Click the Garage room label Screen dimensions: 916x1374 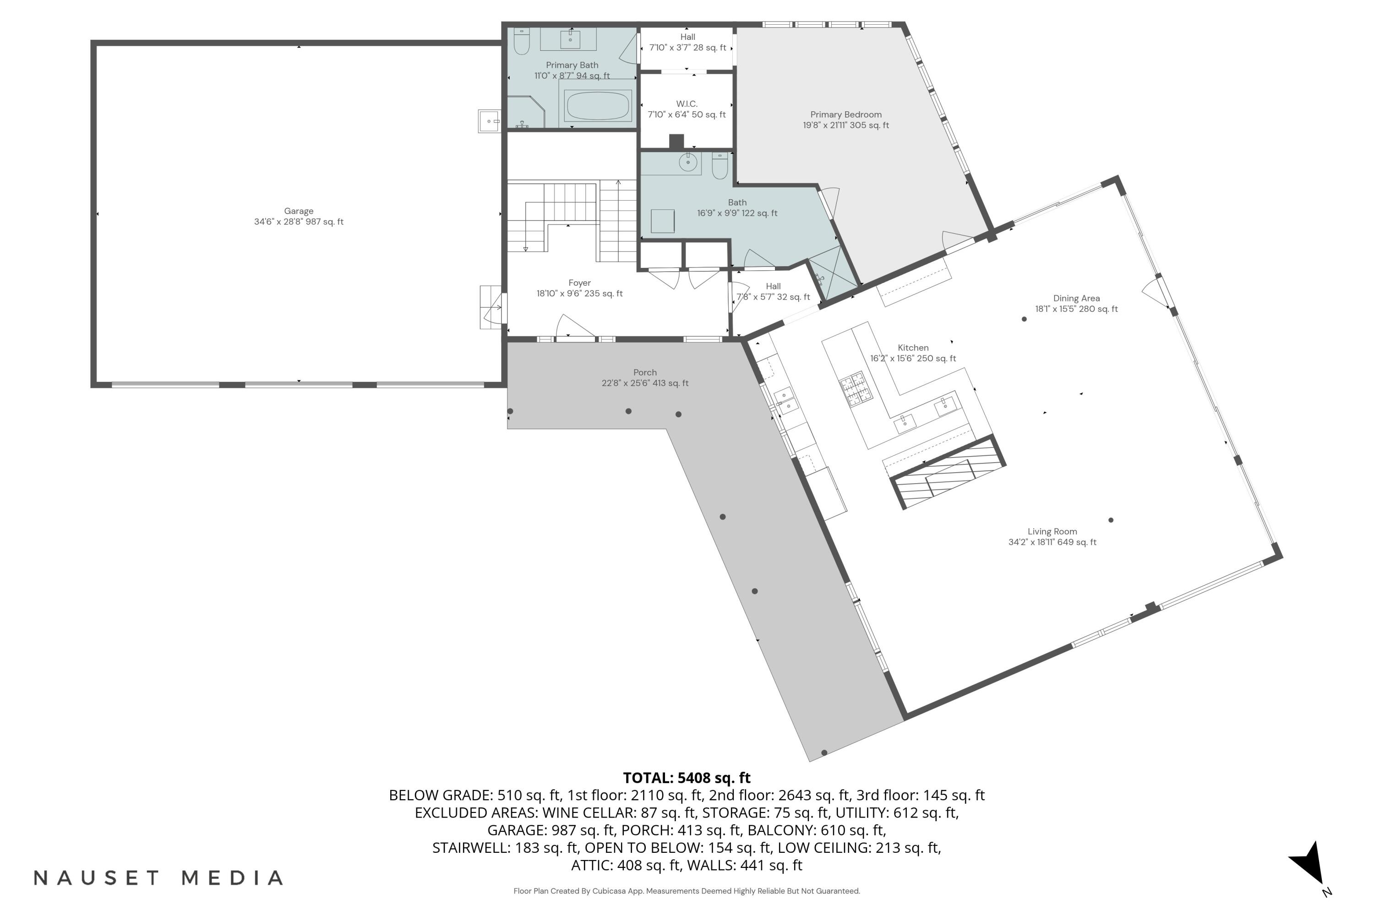click(x=299, y=216)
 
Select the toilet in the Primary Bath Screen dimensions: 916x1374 click(x=521, y=41)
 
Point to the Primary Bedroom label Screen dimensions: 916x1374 click(x=845, y=120)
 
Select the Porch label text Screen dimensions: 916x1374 click(x=645, y=377)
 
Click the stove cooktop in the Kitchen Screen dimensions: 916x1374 click(x=856, y=388)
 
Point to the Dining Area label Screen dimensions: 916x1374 click(x=1076, y=303)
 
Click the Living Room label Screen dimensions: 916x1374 click(x=1052, y=536)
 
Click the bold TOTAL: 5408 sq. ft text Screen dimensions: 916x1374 click(x=687, y=778)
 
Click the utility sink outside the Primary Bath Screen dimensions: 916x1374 click(x=489, y=121)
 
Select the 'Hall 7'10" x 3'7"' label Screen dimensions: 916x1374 click(x=687, y=42)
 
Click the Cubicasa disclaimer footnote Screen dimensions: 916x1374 click(x=687, y=891)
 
